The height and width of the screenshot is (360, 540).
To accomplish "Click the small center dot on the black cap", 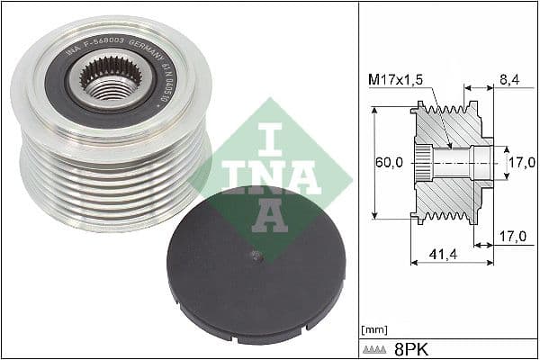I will [x=257, y=256].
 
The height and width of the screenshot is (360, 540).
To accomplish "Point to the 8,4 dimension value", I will [x=509, y=80].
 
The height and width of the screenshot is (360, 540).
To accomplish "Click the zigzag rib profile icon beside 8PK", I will [x=375, y=346].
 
